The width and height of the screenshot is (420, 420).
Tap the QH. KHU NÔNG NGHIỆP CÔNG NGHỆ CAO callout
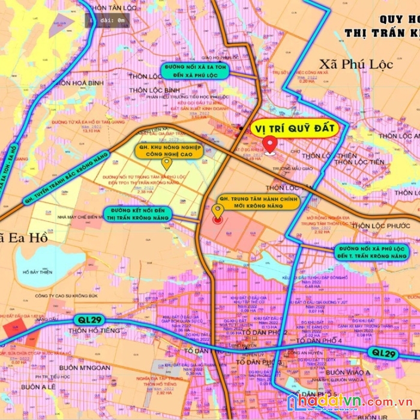[168, 149]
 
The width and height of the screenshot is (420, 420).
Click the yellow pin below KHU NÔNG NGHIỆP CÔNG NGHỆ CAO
[167, 163]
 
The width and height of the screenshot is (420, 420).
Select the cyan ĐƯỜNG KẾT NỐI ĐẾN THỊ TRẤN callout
[138, 214]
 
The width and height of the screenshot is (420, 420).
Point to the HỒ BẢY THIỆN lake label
[37, 272]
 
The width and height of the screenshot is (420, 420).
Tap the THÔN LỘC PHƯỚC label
[380, 226]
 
